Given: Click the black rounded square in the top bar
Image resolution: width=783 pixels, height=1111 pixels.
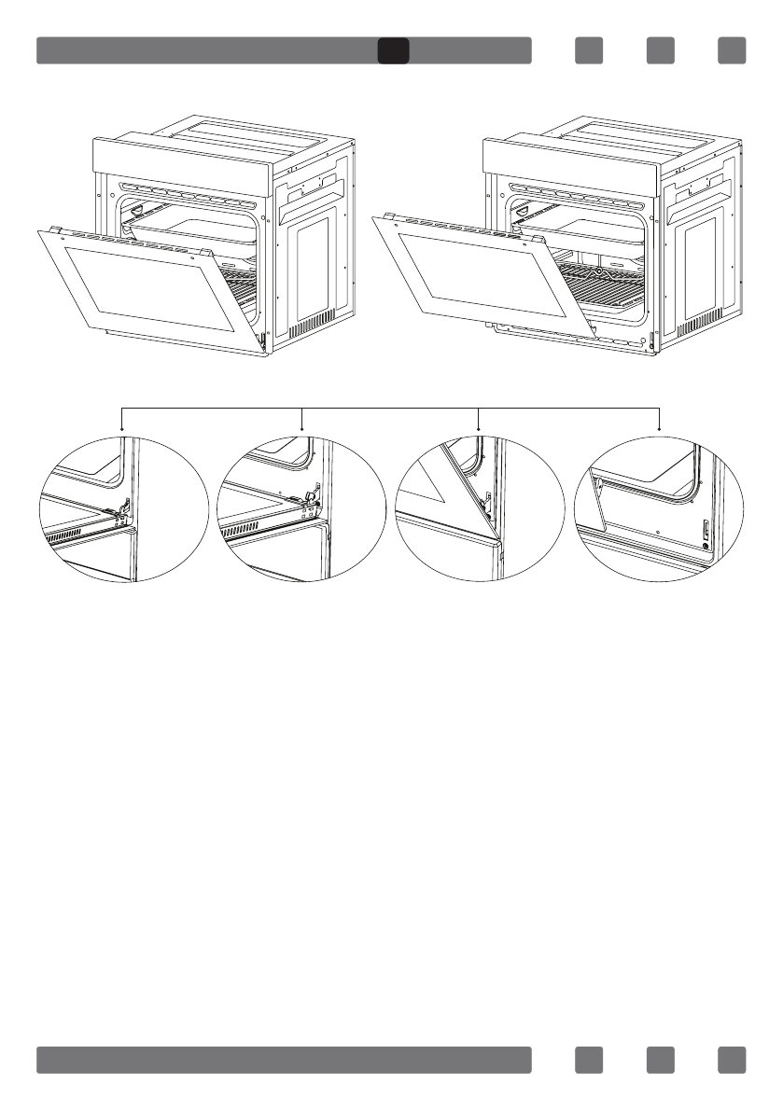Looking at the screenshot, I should coord(393,50).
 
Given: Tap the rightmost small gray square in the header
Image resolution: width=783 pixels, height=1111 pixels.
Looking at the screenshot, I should coord(732,50).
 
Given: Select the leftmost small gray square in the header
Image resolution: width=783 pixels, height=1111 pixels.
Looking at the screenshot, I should coord(588,50).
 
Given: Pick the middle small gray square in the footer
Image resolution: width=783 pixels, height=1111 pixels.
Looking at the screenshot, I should coord(660,1060).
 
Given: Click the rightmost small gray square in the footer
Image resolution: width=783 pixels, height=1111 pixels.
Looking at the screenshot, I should coord(732,1060).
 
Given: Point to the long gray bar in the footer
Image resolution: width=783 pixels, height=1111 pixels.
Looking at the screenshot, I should coord(284,1060).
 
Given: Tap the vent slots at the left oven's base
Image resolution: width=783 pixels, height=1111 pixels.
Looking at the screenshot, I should coord(308,329).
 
